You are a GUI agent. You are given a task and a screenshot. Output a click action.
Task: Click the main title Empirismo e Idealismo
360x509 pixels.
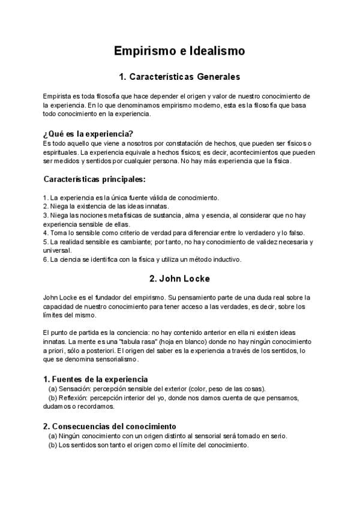(x=179, y=52)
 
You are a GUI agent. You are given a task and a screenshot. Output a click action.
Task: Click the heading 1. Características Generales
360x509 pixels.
(x=179, y=77)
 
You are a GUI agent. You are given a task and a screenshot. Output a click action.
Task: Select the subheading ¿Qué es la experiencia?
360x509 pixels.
(x=88, y=133)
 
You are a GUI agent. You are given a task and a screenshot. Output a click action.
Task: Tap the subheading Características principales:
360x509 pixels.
(x=95, y=179)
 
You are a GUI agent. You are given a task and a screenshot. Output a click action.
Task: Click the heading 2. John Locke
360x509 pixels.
(x=179, y=279)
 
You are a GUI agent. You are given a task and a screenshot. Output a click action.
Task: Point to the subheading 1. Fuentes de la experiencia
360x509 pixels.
(x=95, y=379)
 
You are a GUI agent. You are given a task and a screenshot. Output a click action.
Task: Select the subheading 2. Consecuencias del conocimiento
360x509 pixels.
(x=109, y=426)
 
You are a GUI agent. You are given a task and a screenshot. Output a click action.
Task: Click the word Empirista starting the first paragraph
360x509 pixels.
(x=56, y=96)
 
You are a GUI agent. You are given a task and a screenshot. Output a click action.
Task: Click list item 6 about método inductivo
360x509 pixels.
(x=142, y=259)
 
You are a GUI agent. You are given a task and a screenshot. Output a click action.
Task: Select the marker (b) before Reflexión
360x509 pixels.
(x=53, y=397)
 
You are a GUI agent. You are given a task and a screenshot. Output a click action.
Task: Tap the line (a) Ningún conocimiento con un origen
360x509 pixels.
(x=167, y=436)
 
